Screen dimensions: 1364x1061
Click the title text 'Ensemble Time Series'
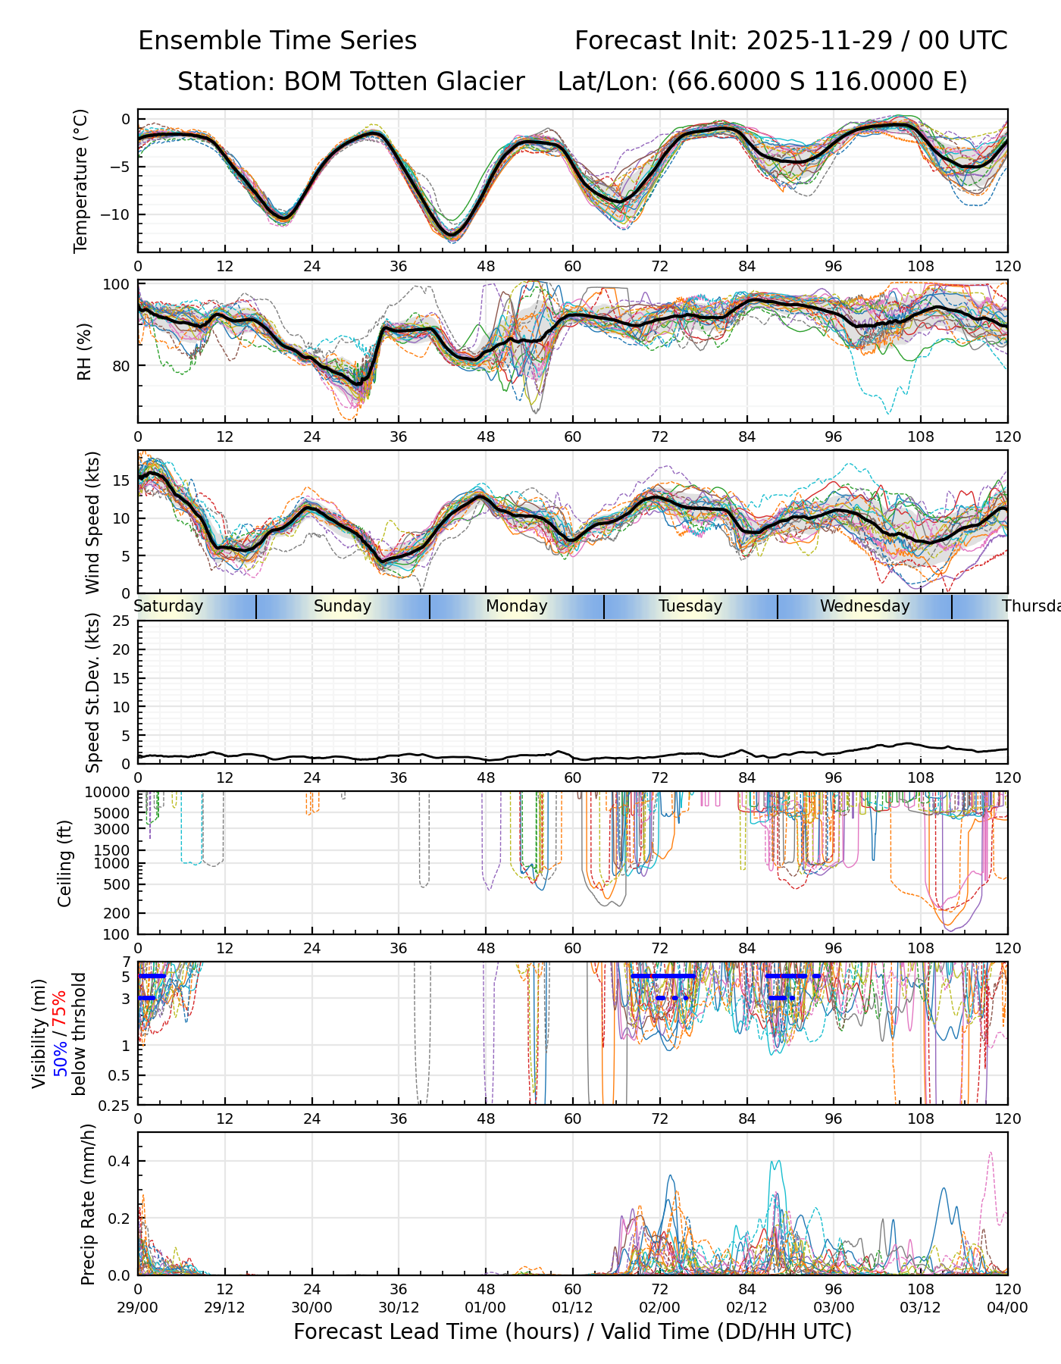click(x=277, y=41)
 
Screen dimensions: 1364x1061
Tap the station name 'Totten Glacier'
click(x=404, y=82)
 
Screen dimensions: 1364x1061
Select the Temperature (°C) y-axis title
click(x=81, y=180)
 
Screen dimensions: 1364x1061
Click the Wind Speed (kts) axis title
click(x=92, y=522)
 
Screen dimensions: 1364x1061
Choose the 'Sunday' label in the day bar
click(x=343, y=606)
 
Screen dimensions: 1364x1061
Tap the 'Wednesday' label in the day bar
click(x=865, y=606)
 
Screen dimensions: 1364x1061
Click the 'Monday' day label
click(x=516, y=606)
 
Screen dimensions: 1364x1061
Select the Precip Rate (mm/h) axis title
click(x=89, y=1204)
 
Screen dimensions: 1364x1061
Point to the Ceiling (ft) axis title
click(x=65, y=863)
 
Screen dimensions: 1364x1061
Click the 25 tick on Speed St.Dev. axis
click(x=120, y=621)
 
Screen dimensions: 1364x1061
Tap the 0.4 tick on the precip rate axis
click(x=121, y=1162)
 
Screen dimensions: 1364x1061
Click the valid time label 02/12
click(x=746, y=1308)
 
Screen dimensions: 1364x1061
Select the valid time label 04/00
click(x=1007, y=1308)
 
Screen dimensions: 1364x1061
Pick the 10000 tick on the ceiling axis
click(x=109, y=793)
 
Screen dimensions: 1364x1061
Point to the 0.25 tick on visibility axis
click(x=116, y=1104)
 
